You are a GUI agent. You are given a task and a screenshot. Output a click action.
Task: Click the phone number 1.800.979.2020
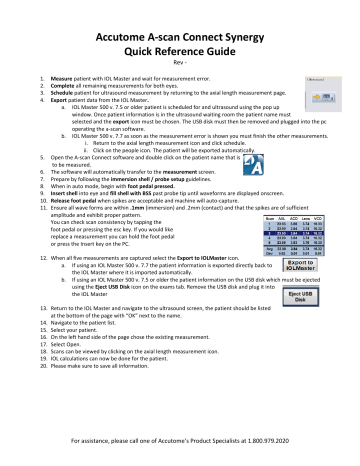coord(276,440)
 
